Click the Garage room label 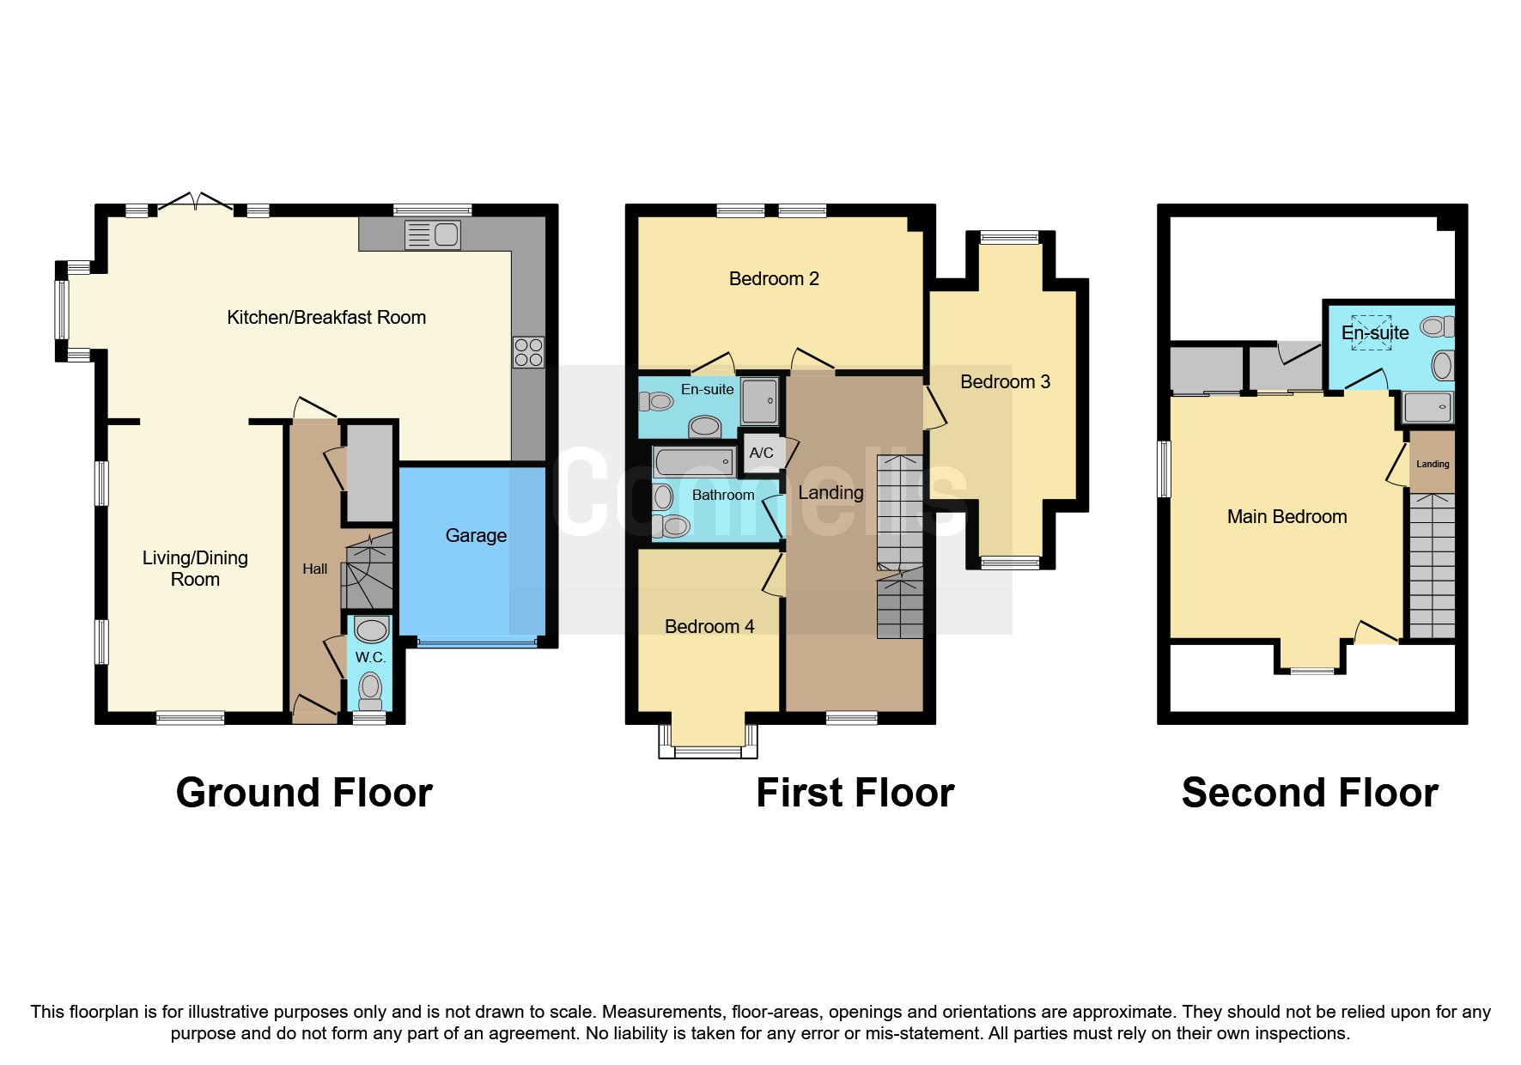[476, 536]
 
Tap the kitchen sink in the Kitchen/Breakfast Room [434, 234]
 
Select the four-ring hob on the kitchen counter [528, 352]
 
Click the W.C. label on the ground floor [370, 657]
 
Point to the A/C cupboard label [761, 453]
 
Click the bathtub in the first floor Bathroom [694, 463]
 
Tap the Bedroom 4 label [709, 626]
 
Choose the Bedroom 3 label [1005, 381]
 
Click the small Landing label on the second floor [1433, 464]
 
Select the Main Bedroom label [1287, 516]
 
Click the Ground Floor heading [304, 792]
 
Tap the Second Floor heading [1310, 792]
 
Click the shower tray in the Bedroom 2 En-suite [759, 401]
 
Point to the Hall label [314, 569]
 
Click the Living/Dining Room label [195, 568]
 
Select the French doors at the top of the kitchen [196, 203]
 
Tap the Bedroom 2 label [773, 278]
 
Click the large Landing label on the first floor [830, 492]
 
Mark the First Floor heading [855, 792]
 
